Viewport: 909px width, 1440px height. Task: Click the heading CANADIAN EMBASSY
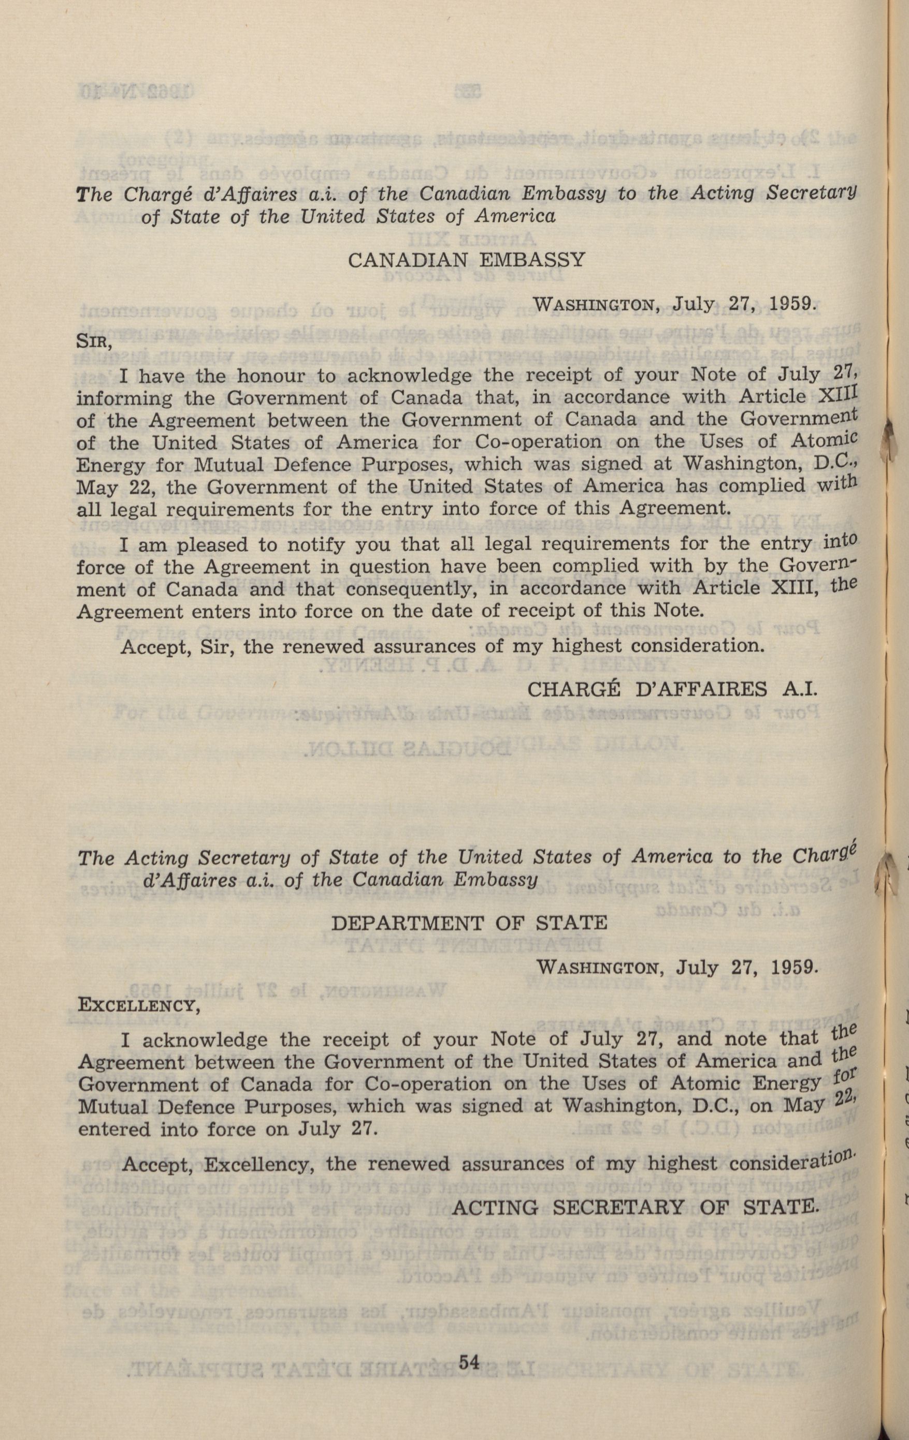466,260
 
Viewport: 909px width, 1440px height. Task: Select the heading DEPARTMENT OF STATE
469,923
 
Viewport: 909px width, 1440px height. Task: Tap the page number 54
469,1394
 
